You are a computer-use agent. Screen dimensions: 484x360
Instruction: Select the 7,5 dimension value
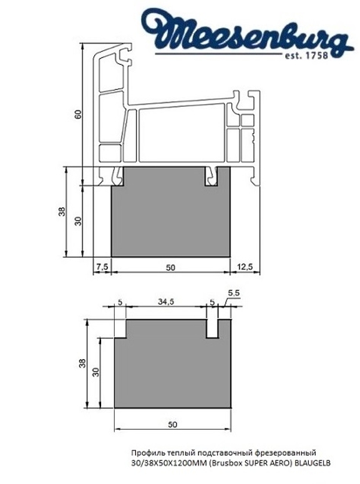point(102,267)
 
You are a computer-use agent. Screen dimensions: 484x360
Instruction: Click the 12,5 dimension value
point(245,267)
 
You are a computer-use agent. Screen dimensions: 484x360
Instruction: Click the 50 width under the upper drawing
point(170,267)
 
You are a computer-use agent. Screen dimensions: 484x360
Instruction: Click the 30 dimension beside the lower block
point(95,372)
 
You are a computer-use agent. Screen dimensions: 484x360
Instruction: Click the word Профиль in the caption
point(145,452)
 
